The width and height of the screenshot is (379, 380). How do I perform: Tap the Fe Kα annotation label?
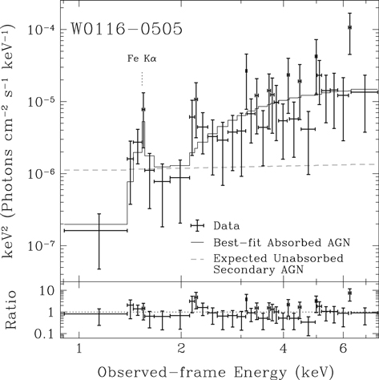pyautogui.click(x=141, y=59)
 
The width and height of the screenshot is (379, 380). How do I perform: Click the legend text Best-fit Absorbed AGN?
pyautogui.click(x=276, y=241)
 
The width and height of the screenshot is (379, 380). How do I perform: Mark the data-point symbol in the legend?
pyautogui.click(x=197, y=225)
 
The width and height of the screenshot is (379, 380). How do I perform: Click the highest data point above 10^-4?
pyautogui.click(x=350, y=27)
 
